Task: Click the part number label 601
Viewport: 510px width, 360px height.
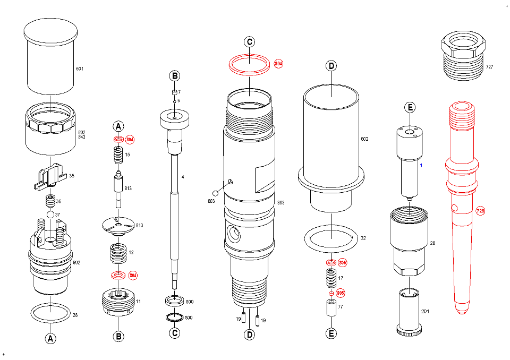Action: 79,68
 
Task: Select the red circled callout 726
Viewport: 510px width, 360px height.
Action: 480,211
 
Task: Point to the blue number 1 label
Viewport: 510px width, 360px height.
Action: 421,165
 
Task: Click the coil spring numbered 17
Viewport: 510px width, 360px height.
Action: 331,278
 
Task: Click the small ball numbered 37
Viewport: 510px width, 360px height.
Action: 50,215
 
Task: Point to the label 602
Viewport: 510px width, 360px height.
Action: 364,139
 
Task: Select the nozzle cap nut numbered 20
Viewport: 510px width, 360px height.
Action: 409,241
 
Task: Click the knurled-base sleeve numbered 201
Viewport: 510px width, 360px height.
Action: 409,311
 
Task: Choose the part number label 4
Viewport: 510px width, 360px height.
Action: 183,177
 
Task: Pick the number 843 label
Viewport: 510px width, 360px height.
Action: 82,137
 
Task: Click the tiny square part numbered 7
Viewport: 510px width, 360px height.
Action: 174,92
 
